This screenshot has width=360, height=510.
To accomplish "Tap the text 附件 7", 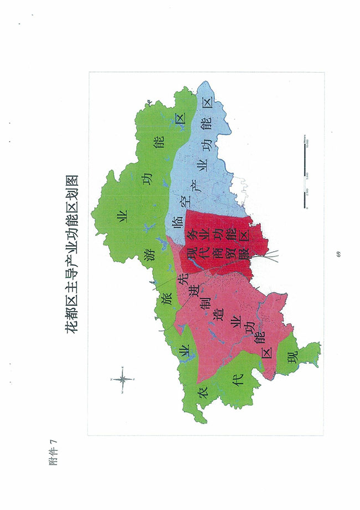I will pyautogui.click(x=54, y=452).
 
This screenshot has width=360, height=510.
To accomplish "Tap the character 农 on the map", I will pyautogui.click(x=203, y=391).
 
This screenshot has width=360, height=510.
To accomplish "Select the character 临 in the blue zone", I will pyautogui.click(x=177, y=224).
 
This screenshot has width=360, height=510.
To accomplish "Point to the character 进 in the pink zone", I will pyautogui.click(x=193, y=293).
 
